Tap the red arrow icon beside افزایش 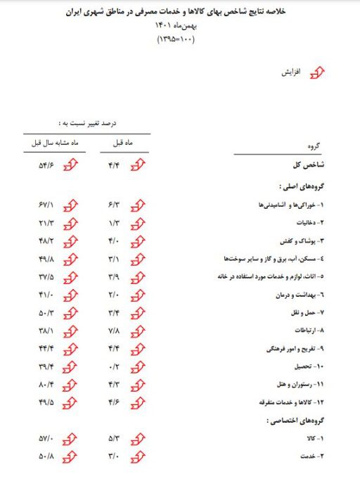pos(319,73)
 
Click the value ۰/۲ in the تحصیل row pos(115,366)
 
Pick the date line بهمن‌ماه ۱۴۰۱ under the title pos(181,26)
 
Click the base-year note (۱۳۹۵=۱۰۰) pos(181,39)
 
